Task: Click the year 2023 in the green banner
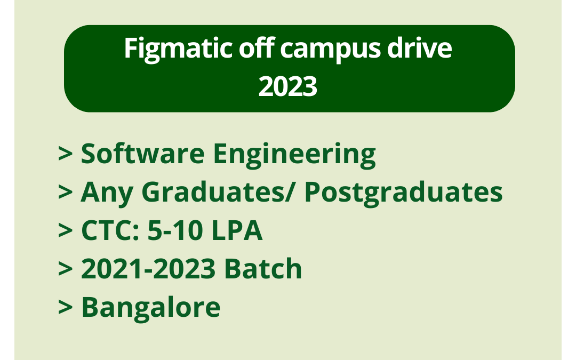[x=288, y=87]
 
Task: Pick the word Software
[x=142, y=154]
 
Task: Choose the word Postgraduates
[x=403, y=193]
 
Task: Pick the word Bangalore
[x=150, y=308]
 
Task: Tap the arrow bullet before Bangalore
[x=65, y=308]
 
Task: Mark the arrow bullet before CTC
[x=65, y=231]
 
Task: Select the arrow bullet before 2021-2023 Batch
[x=65, y=270]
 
